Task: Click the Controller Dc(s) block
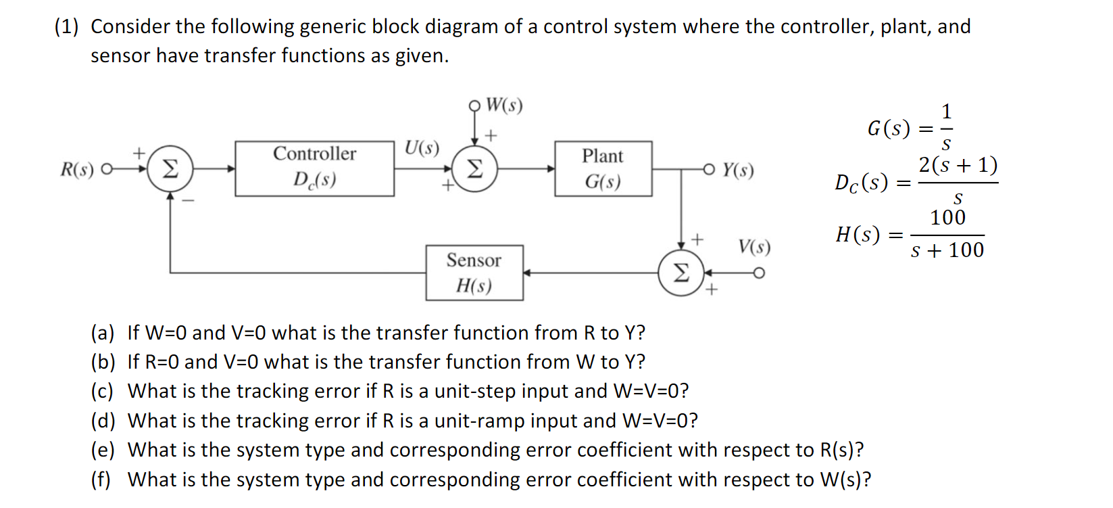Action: pos(314,168)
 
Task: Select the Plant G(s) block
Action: pos(603,168)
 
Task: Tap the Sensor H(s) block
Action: pos(474,273)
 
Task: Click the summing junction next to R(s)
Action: pos(170,168)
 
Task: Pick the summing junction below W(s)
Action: pos(474,168)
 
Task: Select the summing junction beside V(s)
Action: pos(681,273)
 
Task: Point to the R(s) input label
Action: pos(77,169)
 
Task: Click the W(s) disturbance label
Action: pos(504,105)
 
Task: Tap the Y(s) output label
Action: pos(737,169)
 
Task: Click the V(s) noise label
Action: pos(754,246)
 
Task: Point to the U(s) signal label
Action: pos(422,147)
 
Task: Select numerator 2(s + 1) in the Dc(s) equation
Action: pos(958,165)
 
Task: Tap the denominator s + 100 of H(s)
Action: pos(947,250)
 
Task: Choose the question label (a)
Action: pos(103,333)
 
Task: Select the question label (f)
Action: pos(101,480)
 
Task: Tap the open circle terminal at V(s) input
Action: pos(759,273)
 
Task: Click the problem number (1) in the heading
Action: pos(66,26)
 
